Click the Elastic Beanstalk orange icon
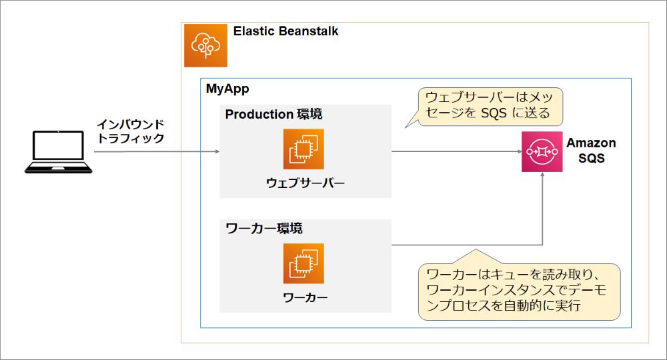[205, 45]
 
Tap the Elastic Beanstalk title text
[286, 31]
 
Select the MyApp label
[227, 89]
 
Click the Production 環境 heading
[273, 114]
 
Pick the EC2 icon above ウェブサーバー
[303, 149]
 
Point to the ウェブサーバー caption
[305, 183]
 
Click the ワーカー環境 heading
[263, 228]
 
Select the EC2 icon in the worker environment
[303, 263]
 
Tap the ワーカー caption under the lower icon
[305, 297]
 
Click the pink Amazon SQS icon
[542, 151]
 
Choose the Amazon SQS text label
[591, 151]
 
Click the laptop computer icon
[58, 152]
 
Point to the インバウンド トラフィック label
[131, 131]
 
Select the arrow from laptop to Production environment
[157, 151]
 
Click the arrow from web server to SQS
[457, 151]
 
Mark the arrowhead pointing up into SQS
[542, 174]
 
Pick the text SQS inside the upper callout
[494, 113]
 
